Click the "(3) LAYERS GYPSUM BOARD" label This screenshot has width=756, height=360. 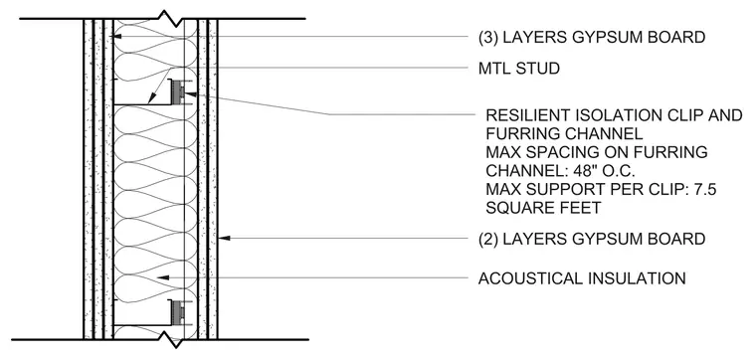tap(592, 37)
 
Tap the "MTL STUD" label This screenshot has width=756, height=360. tap(519, 69)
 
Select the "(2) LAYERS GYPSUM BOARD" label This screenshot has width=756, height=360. tap(592, 239)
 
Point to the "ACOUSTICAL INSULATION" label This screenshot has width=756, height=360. tap(582, 278)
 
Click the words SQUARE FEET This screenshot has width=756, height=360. tap(543, 208)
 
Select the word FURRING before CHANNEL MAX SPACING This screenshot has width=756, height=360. tap(518, 133)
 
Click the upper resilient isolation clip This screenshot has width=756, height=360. tap(179, 93)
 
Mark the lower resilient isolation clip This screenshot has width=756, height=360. tap(179, 311)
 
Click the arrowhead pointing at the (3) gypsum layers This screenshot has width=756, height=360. tap(116, 36)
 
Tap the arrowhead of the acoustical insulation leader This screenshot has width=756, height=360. tap(163, 277)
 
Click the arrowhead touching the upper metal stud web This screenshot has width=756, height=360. tap(150, 99)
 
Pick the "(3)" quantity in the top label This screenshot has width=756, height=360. tap(488, 37)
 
